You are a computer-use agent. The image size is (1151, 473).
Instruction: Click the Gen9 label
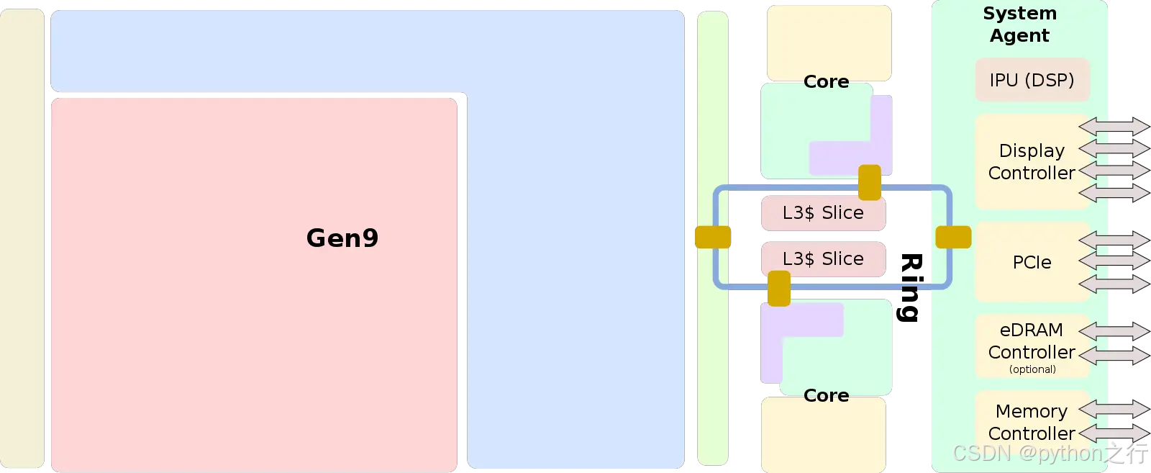[x=342, y=238]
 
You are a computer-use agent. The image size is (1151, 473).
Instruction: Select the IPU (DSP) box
[x=1032, y=80]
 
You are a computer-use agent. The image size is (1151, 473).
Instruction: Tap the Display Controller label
[x=1032, y=162]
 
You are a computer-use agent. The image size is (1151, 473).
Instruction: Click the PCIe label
[x=1032, y=263]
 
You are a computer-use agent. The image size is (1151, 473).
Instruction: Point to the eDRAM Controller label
[x=1032, y=341]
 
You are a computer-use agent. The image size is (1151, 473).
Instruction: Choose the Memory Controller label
[x=1032, y=423]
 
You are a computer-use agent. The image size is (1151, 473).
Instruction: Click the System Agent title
[x=1019, y=24]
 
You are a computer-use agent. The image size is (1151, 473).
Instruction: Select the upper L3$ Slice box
[x=823, y=213]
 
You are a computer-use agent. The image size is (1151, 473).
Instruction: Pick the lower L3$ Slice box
[x=823, y=259]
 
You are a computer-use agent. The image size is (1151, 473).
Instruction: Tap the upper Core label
[x=826, y=82]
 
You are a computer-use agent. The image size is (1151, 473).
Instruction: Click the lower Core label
[x=826, y=396]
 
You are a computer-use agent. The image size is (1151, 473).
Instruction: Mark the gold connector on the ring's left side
[x=713, y=237]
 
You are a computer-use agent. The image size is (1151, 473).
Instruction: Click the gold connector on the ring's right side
[x=953, y=237]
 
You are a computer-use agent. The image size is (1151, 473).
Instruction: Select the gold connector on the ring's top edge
[x=870, y=183]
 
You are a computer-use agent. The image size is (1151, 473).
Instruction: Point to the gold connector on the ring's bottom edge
[x=779, y=289]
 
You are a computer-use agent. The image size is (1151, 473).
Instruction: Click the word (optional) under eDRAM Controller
[x=1032, y=369]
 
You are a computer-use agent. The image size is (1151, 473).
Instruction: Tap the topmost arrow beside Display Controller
[x=1114, y=127]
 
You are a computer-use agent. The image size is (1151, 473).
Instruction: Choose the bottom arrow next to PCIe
[x=1114, y=284]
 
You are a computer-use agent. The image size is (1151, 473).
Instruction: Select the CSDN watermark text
[x=1050, y=453]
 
